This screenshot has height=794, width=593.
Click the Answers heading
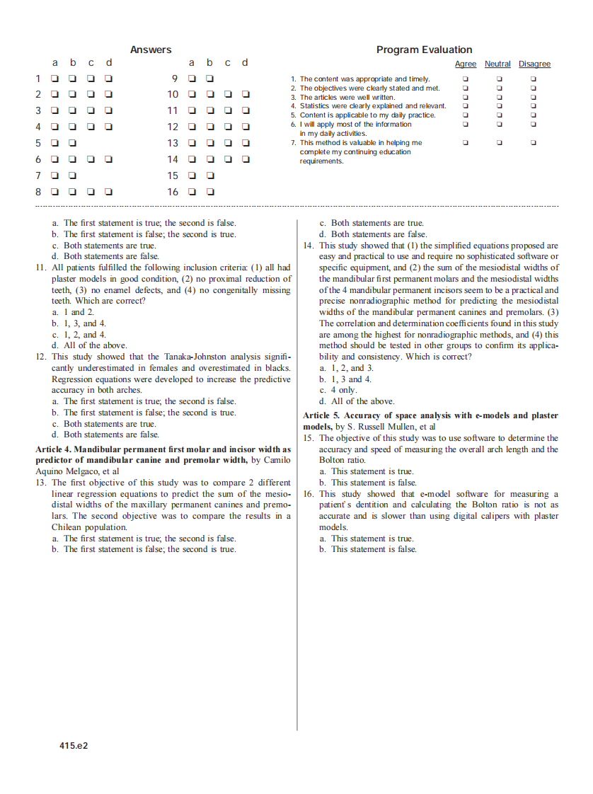[151, 50]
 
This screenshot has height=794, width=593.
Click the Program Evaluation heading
[424, 50]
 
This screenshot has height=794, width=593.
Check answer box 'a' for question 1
[55, 79]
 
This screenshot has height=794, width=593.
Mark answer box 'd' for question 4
[109, 127]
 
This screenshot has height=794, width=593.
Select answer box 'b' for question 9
[210, 79]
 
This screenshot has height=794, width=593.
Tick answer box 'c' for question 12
[228, 127]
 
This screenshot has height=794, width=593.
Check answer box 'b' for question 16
[210, 192]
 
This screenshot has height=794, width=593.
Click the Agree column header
[465, 64]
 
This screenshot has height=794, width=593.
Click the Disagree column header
[534, 64]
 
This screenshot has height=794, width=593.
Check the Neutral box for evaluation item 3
[499, 97]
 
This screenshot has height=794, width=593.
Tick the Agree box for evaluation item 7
[465, 143]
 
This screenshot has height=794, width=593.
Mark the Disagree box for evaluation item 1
[534, 79]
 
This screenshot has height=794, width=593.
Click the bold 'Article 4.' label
[53, 449]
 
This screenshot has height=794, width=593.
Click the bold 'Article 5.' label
[321, 416]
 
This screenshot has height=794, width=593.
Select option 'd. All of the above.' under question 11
[89, 345]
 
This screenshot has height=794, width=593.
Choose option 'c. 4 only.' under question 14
[338, 390]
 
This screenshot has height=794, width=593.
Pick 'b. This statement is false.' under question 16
[368, 549]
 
